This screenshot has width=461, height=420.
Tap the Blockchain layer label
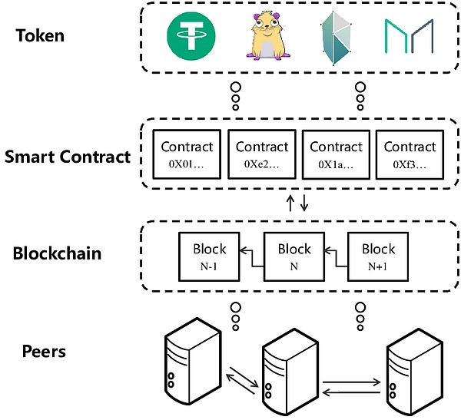point(58,253)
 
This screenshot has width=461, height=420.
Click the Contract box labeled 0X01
point(187,154)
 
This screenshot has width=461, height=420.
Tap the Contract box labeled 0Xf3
point(410,154)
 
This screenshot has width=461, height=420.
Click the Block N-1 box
point(210,256)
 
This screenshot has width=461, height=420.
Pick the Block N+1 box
point(378,256)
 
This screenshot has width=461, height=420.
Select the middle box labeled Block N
point(294,256)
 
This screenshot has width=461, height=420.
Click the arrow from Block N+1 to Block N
point(336,250)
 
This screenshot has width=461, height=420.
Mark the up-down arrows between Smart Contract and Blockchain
point(297,203)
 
